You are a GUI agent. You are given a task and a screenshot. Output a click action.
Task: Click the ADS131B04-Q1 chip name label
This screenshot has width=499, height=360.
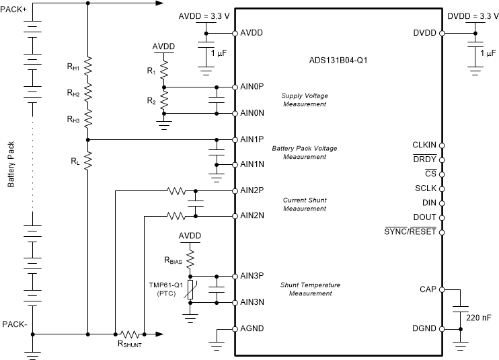(334, 59)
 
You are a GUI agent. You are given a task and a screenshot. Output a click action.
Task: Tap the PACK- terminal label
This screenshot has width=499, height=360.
(15, 324)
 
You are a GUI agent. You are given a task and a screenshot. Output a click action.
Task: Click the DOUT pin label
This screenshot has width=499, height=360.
(424, 217)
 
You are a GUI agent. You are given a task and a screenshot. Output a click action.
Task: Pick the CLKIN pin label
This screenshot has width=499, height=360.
(424, 145)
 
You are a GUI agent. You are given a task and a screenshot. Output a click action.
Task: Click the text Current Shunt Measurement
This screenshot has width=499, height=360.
(303, 204)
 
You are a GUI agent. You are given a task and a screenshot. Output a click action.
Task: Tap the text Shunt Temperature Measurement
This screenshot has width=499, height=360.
(310, 289)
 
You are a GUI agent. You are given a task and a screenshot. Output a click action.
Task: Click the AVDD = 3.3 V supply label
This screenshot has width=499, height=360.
(204, 15)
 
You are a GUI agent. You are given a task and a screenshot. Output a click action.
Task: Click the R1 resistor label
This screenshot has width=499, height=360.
(151, 70)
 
